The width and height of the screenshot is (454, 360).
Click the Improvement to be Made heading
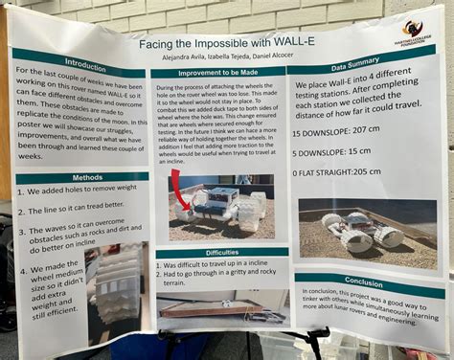click(x=219, y=73)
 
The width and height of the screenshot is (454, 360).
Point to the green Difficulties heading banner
click(x=222, y=252)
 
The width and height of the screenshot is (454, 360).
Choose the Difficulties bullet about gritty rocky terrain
click(x=216, y=278)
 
